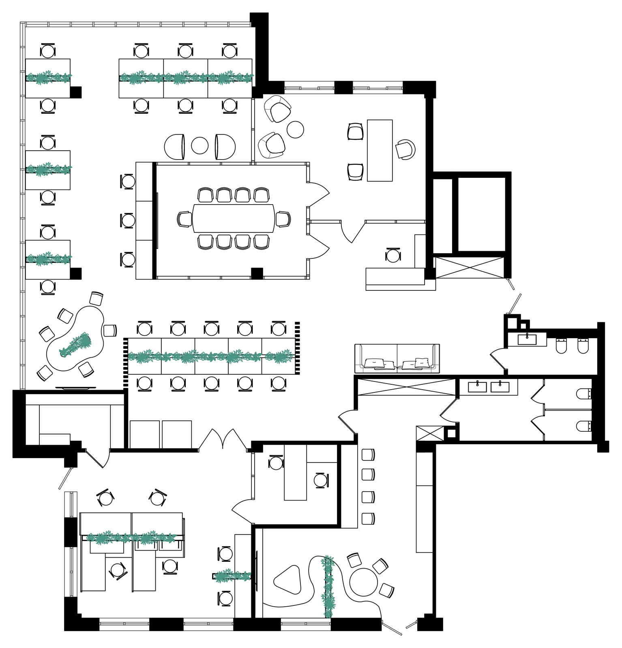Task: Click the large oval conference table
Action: [x=234, y=218]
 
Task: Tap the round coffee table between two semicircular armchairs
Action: [x=199, y=145]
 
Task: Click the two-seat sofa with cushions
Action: [x=397, y=358]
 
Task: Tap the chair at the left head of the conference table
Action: [x=185, y=219]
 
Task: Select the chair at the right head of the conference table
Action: [x=283, y=219]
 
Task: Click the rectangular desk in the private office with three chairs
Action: [x=380, y=150]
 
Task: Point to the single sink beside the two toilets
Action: [x=527, y=339]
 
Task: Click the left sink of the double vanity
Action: [x=477, y=387]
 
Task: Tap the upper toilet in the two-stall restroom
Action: [x=584, y=393]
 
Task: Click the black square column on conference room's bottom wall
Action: [x=257, y=273]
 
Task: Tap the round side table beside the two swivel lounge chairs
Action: [x=295, y=130]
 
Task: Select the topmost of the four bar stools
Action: [x=368, y=454]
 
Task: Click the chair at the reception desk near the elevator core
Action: [x=393, y=255]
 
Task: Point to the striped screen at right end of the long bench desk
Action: [x=297, y=348]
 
